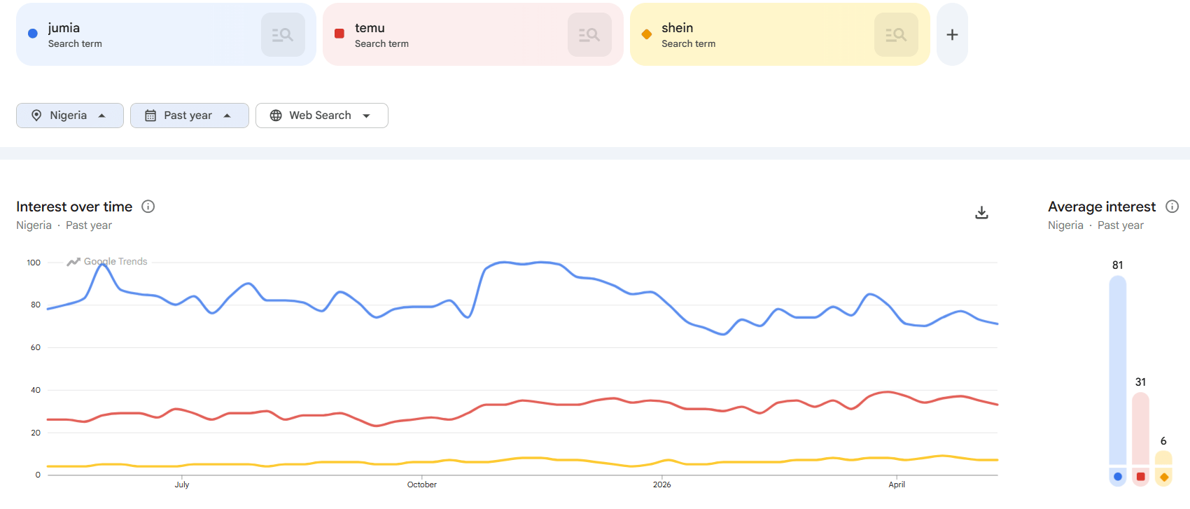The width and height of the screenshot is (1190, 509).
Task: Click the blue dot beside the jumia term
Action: (32, 34)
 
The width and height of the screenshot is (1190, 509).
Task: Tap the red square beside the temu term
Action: (339, 34)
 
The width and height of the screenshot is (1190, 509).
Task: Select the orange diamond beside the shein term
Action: (647, 34)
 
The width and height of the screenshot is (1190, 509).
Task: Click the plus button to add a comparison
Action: (952, 34)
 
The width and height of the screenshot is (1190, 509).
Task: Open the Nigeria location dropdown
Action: (69, 116)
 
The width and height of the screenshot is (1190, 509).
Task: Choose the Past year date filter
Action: (190, 116)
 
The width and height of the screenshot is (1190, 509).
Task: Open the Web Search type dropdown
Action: (322, 116)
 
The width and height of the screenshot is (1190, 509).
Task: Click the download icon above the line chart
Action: (981, 213)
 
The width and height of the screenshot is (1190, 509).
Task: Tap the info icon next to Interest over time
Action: (148, 207)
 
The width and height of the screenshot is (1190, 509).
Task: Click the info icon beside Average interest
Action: (1172, 207)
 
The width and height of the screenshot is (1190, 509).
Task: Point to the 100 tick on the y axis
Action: (34, 263)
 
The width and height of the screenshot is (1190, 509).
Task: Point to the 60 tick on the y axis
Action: (36, 347)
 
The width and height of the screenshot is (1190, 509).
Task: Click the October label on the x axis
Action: (422, 484)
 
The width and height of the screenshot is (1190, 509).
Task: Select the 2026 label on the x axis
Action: (662, 484)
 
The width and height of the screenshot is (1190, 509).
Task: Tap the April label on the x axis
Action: (897, 484)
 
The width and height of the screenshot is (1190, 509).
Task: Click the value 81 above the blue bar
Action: (1118, 265)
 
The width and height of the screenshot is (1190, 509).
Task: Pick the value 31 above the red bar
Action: (1140, 382)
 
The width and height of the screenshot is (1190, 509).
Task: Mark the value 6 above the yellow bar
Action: (1163, 441)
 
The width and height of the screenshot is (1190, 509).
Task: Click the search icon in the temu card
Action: (589, 34)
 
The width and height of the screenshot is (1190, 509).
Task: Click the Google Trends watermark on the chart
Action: (107, 261)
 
